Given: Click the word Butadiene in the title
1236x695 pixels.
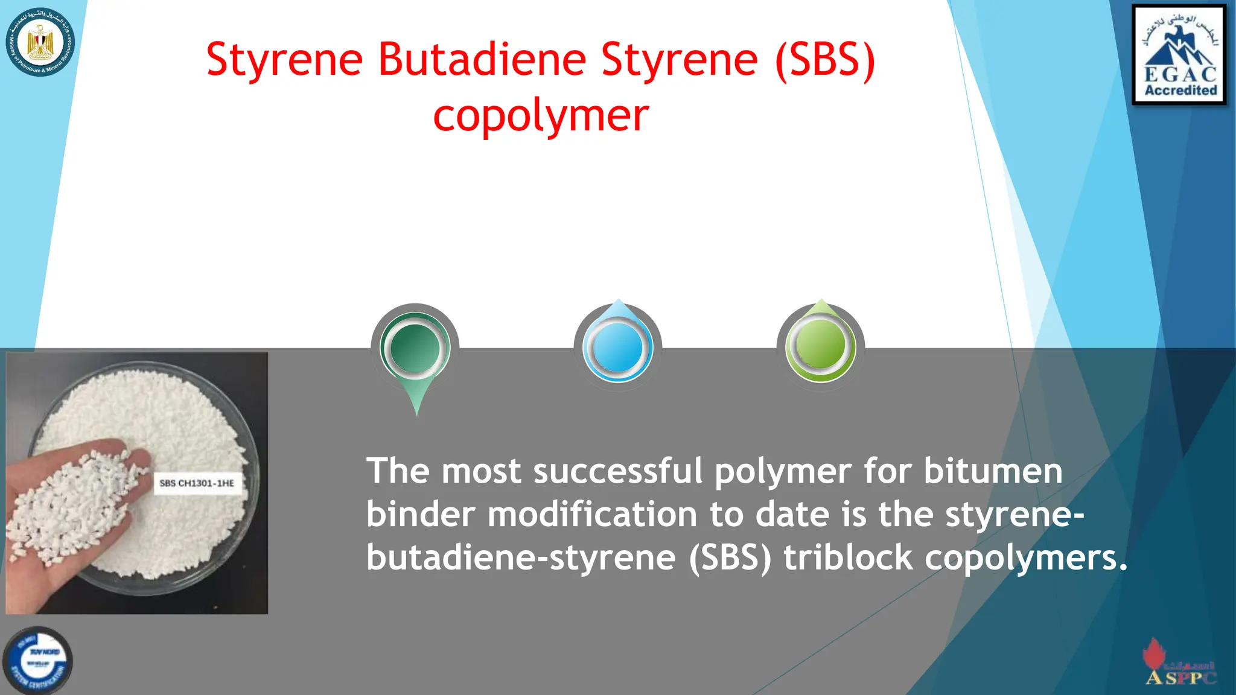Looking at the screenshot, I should (482, 59).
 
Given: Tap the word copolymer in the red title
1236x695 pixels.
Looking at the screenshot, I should (541, 116).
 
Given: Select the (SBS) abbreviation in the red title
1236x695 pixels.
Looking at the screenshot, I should (825, 59).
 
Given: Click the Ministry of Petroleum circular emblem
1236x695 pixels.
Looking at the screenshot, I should (40, 42).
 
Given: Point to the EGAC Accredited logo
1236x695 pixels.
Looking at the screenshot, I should (1179, 55).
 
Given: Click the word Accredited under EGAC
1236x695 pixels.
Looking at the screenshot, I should (1180, 90).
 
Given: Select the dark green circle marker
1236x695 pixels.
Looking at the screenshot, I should (415, 348).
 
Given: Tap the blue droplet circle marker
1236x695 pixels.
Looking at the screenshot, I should (617, 347).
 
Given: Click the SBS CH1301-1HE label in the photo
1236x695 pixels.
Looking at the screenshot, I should (197, 483).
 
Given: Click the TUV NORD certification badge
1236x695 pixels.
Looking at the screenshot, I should (38, 661).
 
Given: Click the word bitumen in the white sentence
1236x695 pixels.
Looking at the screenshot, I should (993, 471).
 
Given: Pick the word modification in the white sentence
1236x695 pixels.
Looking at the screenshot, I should (591, 514).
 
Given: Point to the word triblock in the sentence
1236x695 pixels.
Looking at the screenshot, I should (848, 557).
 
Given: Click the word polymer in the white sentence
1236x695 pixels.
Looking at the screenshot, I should (783, 472).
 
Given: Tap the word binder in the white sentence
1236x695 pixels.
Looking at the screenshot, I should (420, 514).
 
